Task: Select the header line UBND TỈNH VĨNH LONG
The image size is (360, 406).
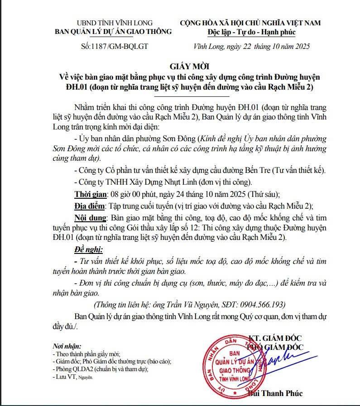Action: tap(115, 23)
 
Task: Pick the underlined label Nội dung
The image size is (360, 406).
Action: tap(89, 216)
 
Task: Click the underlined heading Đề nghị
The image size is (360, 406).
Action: tap(88, 249)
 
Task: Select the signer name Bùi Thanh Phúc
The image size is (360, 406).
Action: tap(275, 393)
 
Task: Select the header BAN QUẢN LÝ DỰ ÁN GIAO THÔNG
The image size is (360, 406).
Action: tap(113, 32)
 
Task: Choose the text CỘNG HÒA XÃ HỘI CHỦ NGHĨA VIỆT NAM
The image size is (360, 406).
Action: tap(250, 23)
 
